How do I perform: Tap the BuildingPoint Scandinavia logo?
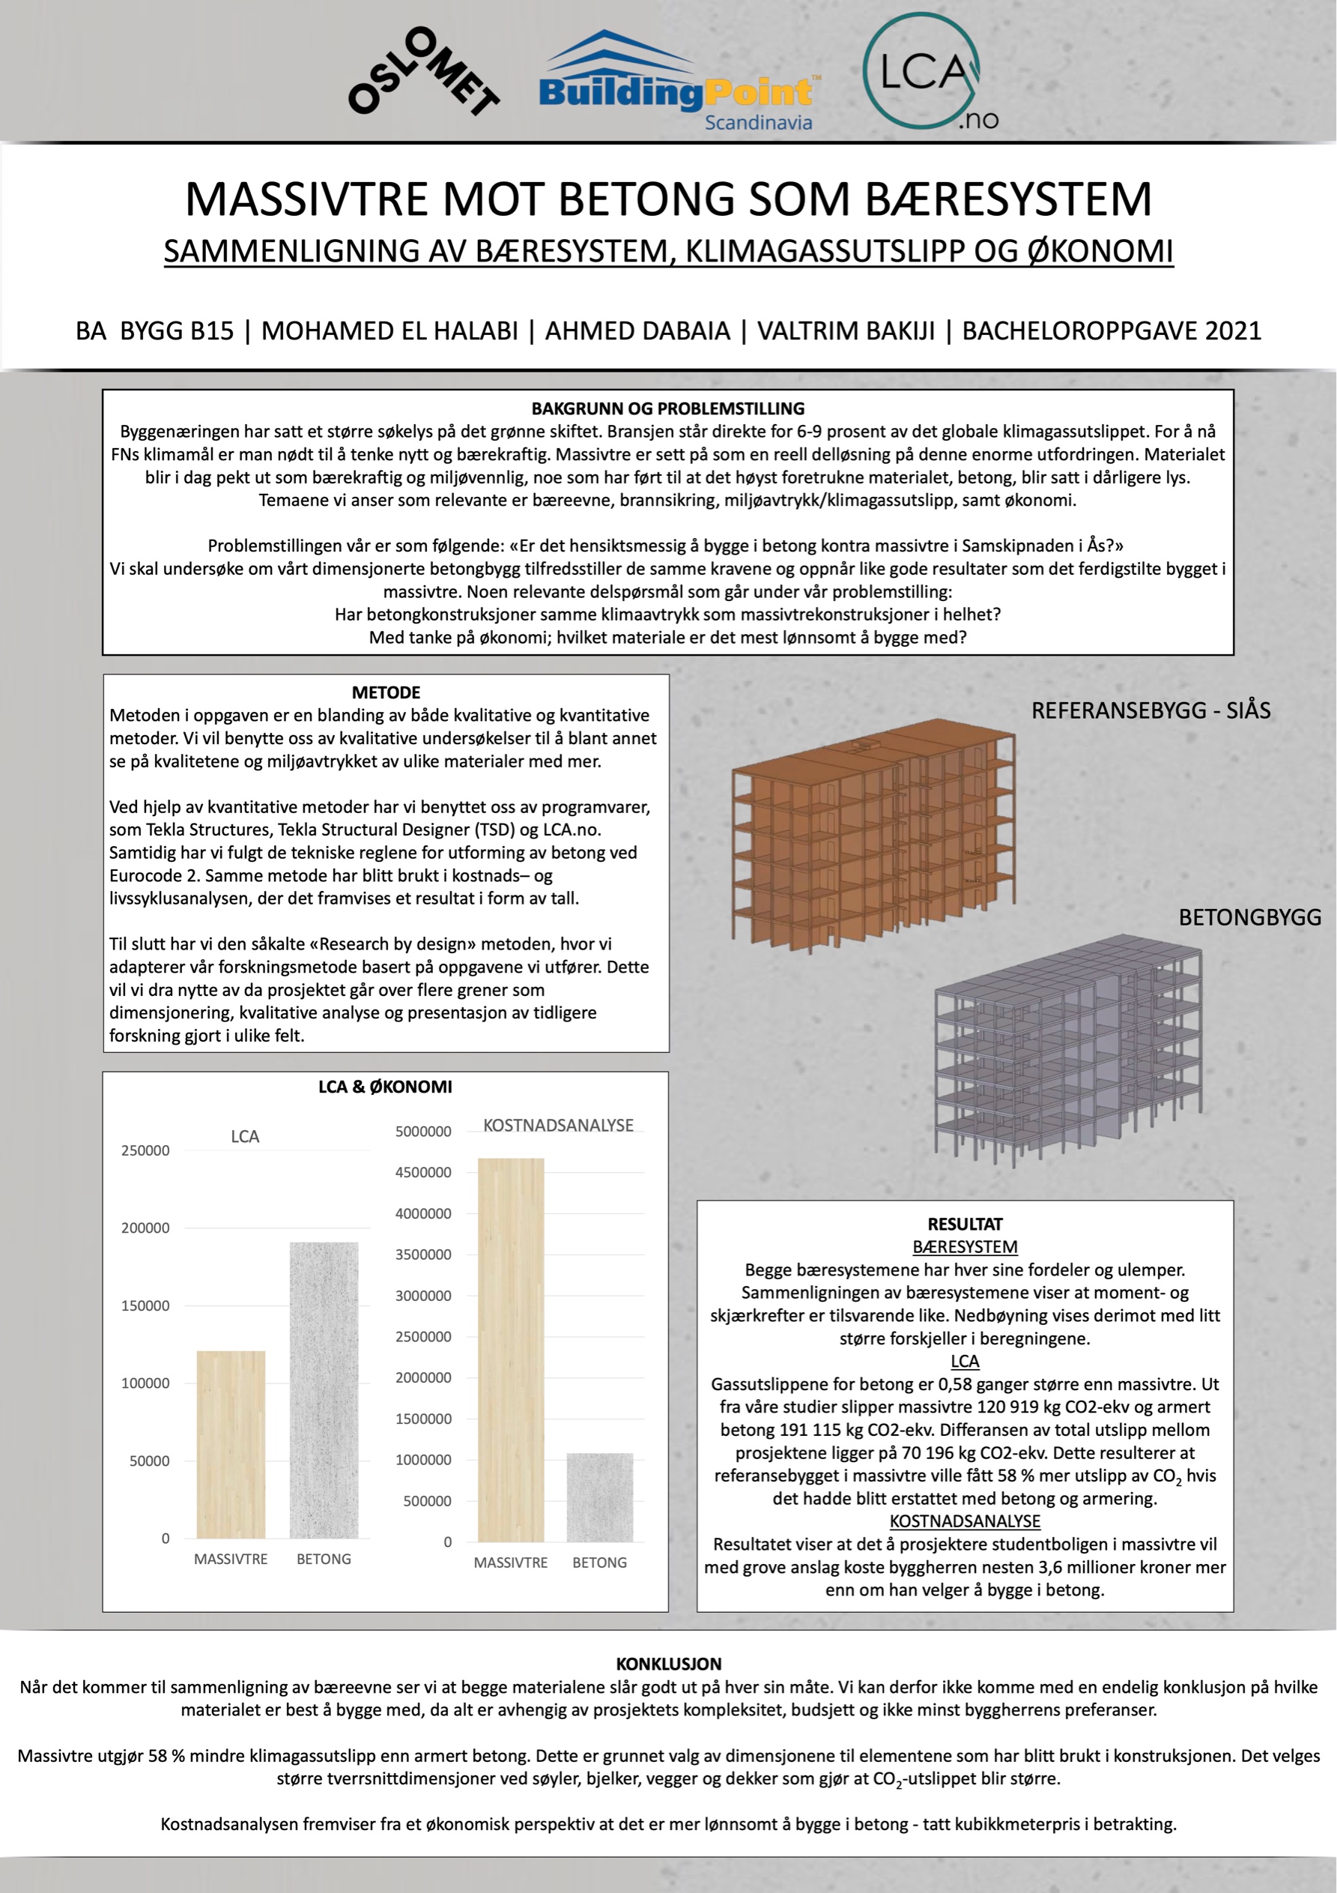pos(676,83)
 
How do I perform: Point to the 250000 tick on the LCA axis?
pos(145,1150)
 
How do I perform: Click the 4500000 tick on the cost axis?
pos(423,1172)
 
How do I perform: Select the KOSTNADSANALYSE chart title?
pos(558,1126)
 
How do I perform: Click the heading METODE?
pos(386,692)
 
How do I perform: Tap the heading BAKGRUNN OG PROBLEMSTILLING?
pos(667,408)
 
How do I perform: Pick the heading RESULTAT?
pos(965,1225)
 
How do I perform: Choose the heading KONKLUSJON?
pos(668,1664)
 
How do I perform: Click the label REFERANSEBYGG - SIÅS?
pos(1150,710)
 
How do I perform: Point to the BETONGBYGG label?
pos(1249,917)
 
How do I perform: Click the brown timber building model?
pos(874,837)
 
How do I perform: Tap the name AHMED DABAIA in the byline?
pos(637,330)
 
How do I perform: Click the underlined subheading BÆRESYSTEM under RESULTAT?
pos(965,1248)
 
